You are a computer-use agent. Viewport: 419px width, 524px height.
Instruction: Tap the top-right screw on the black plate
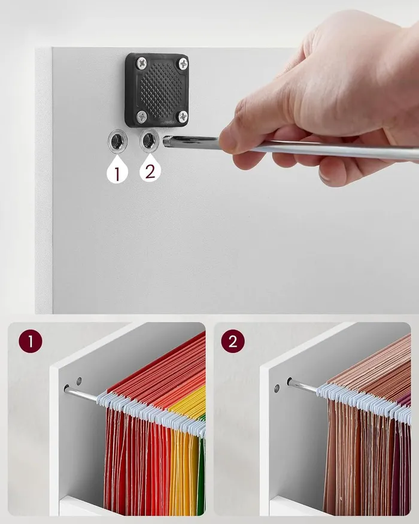(183, 63)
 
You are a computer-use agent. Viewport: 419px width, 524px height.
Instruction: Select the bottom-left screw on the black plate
(142, 116)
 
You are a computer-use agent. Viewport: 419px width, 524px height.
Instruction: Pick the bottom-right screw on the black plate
(183, 116)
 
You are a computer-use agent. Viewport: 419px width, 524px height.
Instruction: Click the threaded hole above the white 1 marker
(117, 141)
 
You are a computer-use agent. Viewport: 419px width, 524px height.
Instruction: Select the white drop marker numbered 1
(117, 171)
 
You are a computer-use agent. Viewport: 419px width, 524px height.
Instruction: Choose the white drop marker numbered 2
(150, 169)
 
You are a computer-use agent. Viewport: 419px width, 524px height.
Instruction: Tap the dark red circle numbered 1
(31, 341)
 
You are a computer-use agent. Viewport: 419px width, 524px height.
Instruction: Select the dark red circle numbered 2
(233, 341)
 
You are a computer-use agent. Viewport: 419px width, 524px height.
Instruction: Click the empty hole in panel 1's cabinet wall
(79, 381)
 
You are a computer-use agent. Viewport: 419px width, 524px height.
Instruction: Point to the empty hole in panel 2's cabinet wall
(277, 388)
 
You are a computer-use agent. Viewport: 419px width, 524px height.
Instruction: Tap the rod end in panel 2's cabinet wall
(289, 381)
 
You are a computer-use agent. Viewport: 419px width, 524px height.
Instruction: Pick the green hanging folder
(201, 468)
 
